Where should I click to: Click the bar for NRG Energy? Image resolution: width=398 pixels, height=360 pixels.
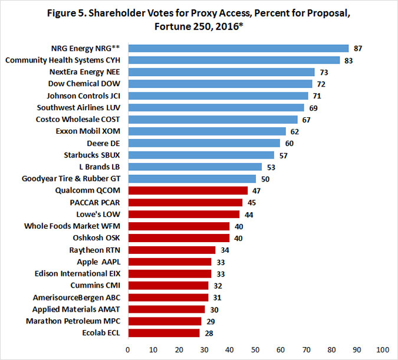pos(238,48)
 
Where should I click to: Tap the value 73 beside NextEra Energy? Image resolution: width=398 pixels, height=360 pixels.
pos(324,72)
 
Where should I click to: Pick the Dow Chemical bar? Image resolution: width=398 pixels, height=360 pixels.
pos(219,84)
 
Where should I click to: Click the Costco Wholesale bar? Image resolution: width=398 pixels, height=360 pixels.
pos(213,119)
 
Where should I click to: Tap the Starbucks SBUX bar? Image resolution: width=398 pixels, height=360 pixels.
pos(200,155)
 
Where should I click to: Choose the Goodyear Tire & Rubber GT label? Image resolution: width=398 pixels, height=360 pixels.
pos(73,179)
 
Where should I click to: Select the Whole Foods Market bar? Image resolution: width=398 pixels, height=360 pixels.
pos(179,226)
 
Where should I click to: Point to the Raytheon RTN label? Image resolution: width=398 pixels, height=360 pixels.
pos(96,250)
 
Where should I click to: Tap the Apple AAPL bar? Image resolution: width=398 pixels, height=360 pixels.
pos(169,262)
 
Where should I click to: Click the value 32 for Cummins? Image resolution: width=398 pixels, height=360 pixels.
pos(218,286)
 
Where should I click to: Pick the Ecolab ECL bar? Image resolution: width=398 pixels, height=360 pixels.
pos(163,333)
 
